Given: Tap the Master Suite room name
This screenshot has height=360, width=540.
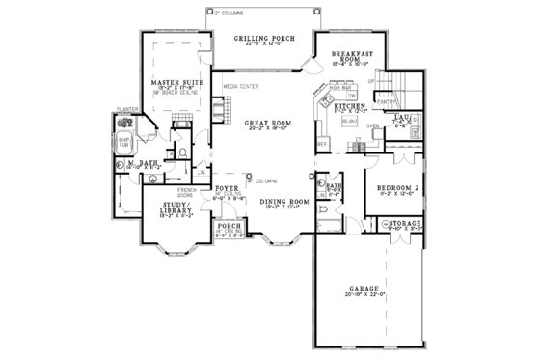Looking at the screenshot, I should (175, 84).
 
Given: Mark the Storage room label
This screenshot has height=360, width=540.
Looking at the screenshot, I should (405, 225).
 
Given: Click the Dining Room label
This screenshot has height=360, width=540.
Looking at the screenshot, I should (285, 201).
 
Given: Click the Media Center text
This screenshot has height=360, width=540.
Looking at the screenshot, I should (239, 86).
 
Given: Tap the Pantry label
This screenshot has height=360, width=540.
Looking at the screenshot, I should (389, 99).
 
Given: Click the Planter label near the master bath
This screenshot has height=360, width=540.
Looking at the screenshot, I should (123, 111).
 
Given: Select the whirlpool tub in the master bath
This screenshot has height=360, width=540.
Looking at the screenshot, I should (124, 146).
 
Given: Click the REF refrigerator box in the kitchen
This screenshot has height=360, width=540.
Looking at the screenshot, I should (323, 143).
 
